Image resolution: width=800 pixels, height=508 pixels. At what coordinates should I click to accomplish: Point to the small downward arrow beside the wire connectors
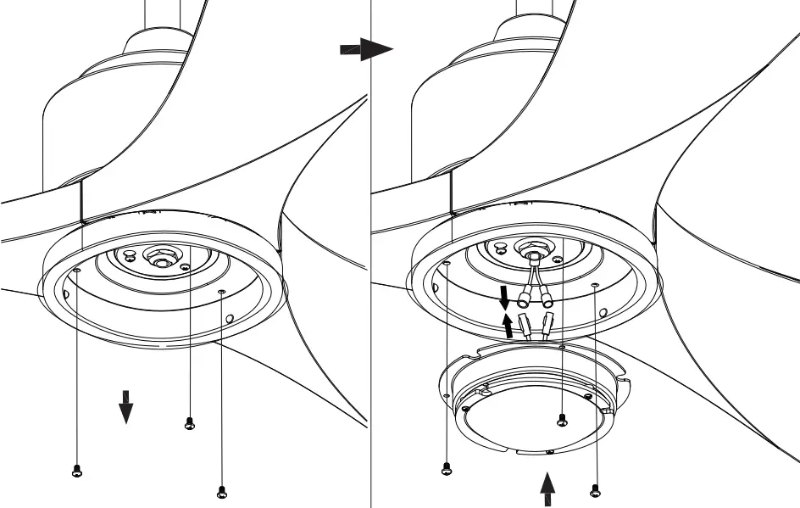(x=504, y=298)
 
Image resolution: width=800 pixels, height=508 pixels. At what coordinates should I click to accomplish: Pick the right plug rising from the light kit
(x=550, y=325)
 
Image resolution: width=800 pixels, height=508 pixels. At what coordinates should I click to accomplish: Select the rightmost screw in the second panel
(x=594, y=489)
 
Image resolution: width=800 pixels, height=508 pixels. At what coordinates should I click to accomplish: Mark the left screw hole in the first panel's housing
(x=77, y=271)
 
